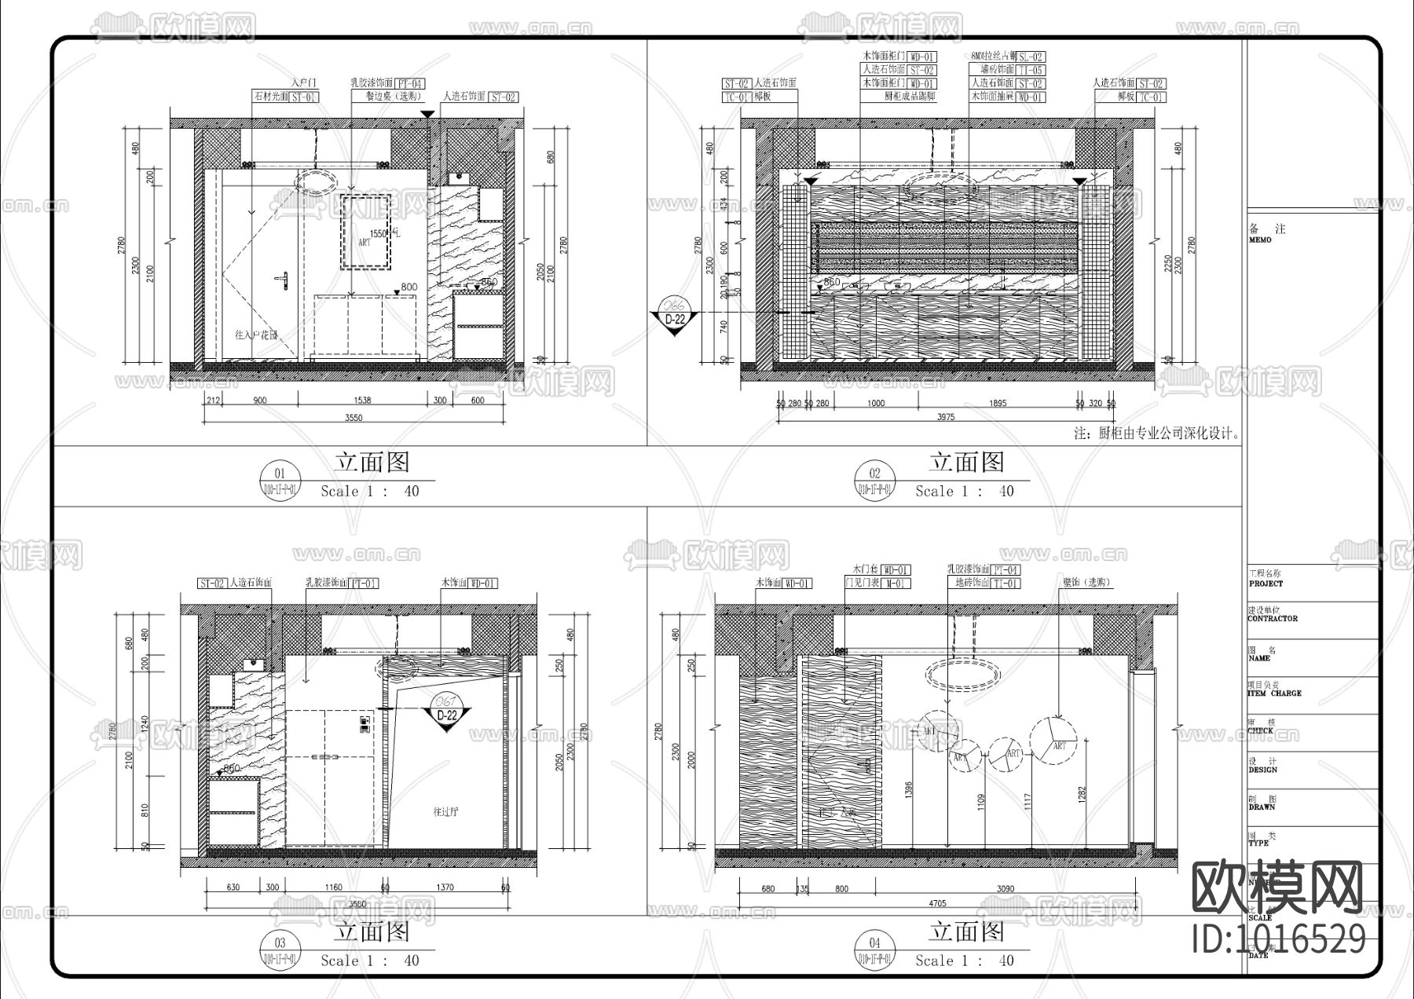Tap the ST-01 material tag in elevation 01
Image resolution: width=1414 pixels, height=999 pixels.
(x=306, y=97)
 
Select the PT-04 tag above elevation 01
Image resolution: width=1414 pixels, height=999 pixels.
(x=409, y=83)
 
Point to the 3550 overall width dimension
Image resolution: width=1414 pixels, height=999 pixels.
(x=353, y=418)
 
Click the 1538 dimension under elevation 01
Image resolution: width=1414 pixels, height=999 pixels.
(x=361, y=401)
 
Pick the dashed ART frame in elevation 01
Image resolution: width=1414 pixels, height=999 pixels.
(x=365, y=232)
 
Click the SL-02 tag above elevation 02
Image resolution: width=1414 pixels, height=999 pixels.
(x=1031, y=57)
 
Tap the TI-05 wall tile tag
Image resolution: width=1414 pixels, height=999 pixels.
(x=1031, y=71)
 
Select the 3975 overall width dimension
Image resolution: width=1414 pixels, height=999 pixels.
(x=945, y=417)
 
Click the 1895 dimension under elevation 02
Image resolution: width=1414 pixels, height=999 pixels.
(x=997, y=404)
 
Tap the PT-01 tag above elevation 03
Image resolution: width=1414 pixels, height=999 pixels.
(x=364, y=584)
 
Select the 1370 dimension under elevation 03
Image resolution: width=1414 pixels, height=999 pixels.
(x=445, y=887)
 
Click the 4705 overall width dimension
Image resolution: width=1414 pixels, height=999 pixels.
(x=937, y=904)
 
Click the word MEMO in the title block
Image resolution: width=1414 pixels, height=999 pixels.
(x=1260, y=240)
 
